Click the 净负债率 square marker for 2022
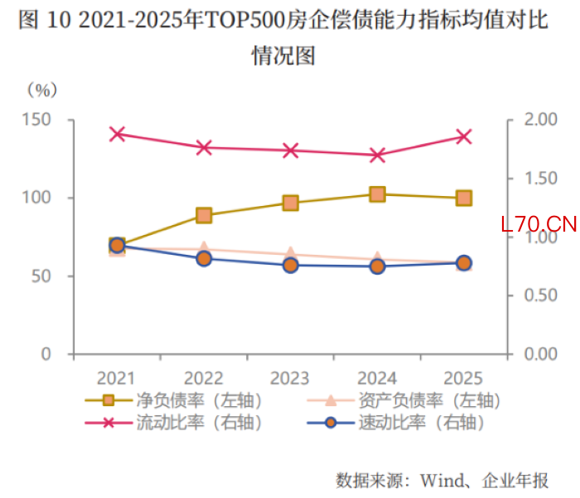pos(204,215)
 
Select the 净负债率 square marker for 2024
pos(377,194)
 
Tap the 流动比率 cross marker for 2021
pos(117,134)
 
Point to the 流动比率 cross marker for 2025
pos(464,136)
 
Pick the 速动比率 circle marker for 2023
pos(291,266)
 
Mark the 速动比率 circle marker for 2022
pos(204,259)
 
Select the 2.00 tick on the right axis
pos(536,120)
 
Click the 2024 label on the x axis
pos(377,377)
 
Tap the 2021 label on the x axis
pos(117,377)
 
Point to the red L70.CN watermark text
pos(538,224)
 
